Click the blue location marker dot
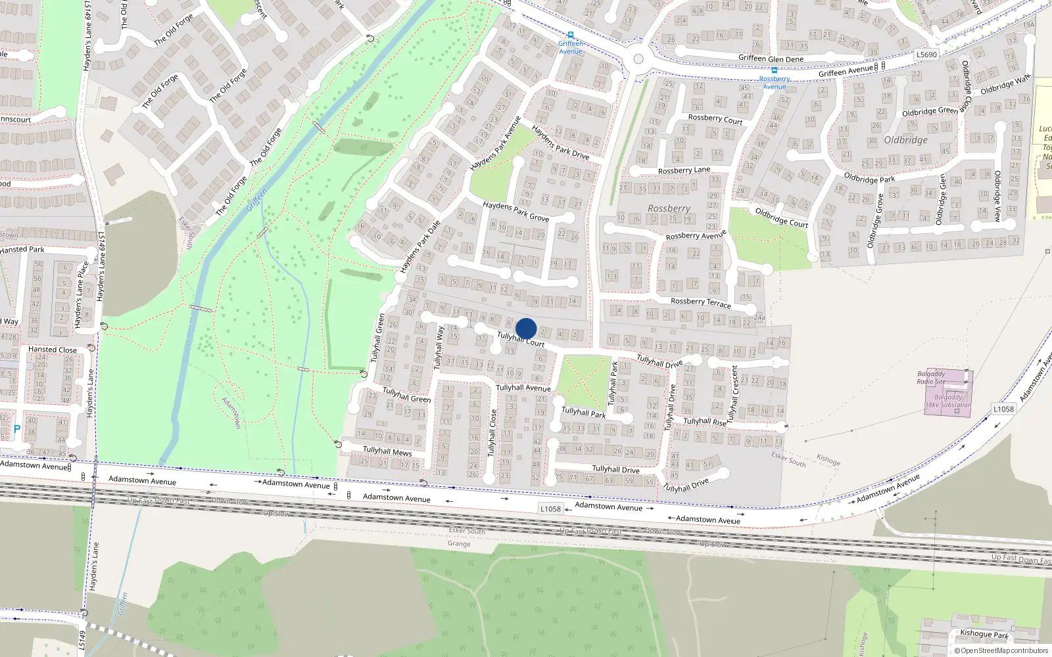point(526,328)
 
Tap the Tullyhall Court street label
point(521,340)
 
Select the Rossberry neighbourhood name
point(669,208)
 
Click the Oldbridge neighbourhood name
point(905,140)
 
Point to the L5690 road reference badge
point(926,55)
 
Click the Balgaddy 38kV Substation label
point(948,401)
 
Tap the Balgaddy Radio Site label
point(931,378)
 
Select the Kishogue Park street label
point(984,634)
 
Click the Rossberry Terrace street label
point(700,302)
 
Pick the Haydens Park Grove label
point(515,211)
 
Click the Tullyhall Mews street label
point(387,451)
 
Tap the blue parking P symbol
point(17,429)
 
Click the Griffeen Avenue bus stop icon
point(571,35)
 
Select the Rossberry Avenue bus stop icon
point(775,70)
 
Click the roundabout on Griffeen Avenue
point(638,59)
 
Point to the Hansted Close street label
point(52,350)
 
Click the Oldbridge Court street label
point(781,217)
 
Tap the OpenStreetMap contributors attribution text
point(1001,651)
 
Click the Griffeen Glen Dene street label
point(771,58)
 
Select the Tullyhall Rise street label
point(705,422)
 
